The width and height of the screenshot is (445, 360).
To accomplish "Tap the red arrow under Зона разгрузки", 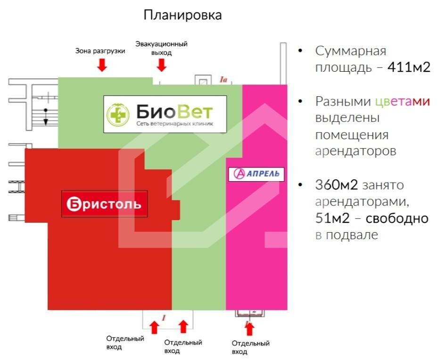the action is click(x=102, y=65).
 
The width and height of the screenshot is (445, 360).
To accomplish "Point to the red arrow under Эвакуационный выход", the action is click(x=162, y=65).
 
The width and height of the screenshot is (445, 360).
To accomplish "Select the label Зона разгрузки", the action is click(x=100, y=51).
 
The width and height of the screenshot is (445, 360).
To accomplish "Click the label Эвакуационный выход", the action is click(x=161, y=48).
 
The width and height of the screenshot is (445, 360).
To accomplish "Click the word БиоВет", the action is click(x=174, y=112).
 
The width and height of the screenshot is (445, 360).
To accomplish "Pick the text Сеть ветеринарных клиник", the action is click(x=174, y=124).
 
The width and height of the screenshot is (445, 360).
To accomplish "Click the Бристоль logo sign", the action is click(x=105, y=204).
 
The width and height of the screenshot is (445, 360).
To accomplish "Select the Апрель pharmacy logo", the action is click(x=256, y=174).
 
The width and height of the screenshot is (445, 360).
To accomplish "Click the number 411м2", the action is click(x=409, y=67).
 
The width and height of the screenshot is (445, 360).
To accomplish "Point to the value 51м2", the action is click(x=332, y=218).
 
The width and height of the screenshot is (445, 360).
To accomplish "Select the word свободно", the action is click(x=397, y=218).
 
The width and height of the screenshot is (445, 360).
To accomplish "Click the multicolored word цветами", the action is click(x=403, y=101).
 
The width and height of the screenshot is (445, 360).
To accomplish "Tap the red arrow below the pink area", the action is click(x=249, y=329).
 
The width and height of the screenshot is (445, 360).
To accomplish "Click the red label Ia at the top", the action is click(x=223, y=80).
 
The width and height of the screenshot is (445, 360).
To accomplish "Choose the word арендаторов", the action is click(x=355, y=151).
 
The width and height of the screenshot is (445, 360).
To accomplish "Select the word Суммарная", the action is click(x=351, y=51).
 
